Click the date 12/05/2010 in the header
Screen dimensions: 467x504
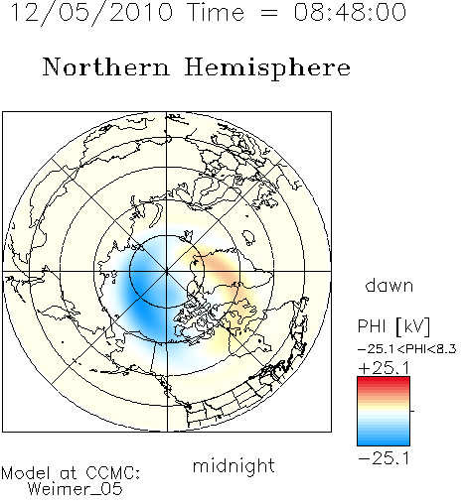coord(91,13)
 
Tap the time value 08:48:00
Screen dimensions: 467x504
coord(350,13)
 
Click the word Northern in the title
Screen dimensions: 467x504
coord(106,67)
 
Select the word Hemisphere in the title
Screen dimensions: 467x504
coord(267,67)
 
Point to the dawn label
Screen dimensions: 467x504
coord(389,286)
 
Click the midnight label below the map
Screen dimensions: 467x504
coord(233,465)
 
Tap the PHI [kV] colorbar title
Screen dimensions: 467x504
coord(393,326)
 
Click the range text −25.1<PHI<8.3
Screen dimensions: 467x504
coord(407,349)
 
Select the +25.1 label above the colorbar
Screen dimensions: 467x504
coord(384,368)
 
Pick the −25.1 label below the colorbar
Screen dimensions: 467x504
coord(384,458)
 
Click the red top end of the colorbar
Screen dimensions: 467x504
coord(384,380)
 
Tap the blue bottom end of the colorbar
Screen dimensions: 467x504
coord(384,442)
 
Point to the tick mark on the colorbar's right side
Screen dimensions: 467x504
coord(412,411)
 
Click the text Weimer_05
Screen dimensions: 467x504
coord(76,489)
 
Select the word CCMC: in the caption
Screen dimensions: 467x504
coord(112,473)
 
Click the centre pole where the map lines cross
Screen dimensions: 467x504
coord(167,271)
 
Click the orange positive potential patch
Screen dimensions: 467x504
coord(217,266)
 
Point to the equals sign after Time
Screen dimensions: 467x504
coord(268,13)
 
